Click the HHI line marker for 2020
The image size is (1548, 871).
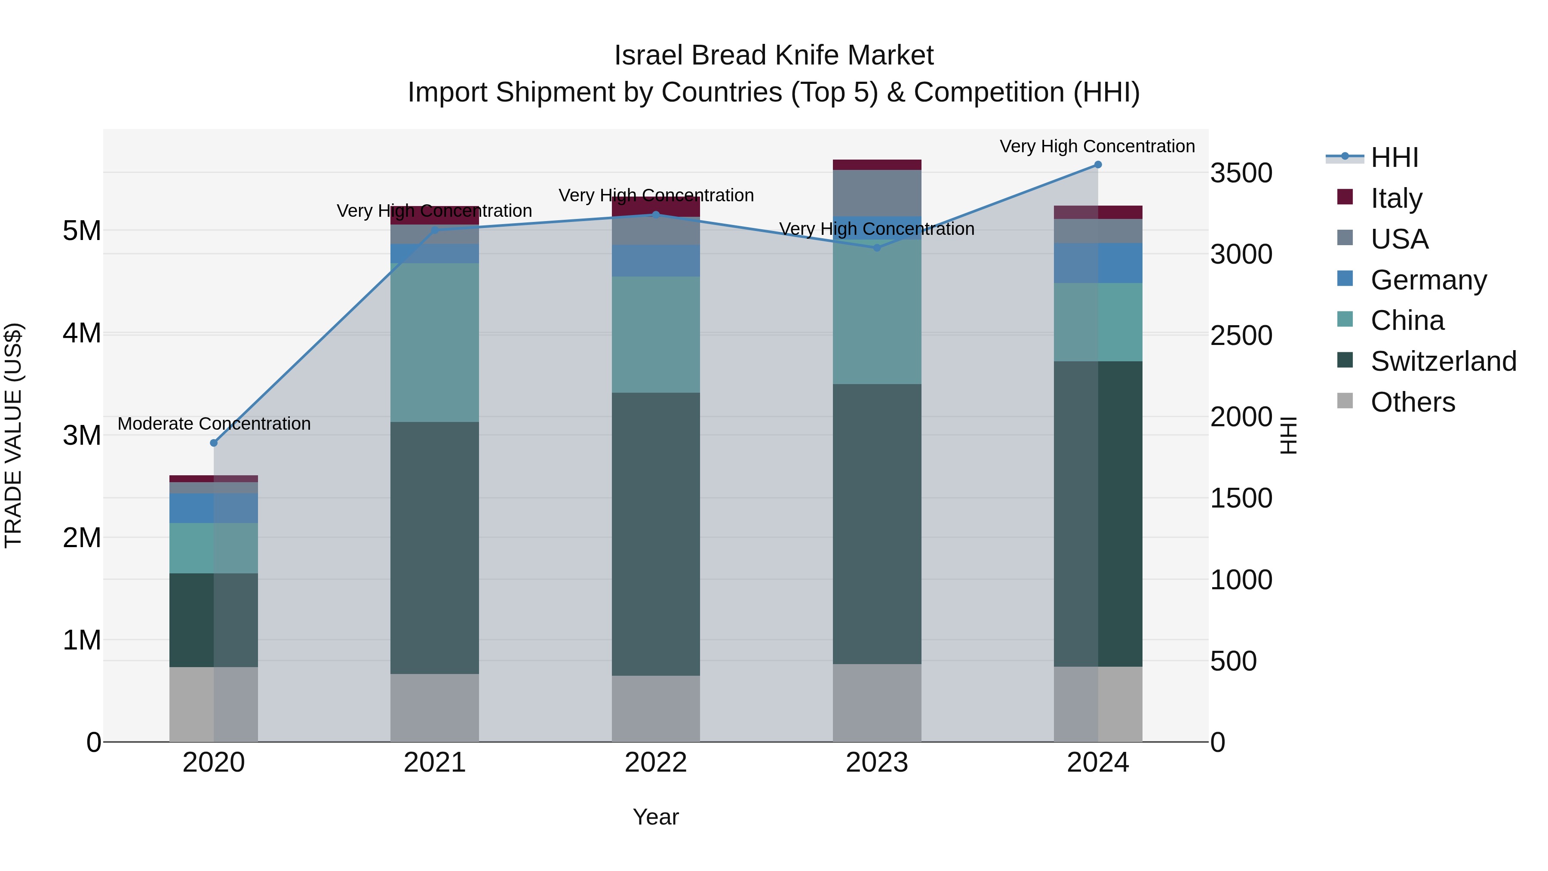click(x=214, y=443)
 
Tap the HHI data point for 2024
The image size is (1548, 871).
click(x=1098, y=165)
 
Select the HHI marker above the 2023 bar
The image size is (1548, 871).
click(x=877, y=248)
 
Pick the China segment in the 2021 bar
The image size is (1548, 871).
click(x=434, y=343)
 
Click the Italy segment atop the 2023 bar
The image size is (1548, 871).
click(x=877, y=165)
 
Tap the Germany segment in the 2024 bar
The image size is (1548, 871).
click(x=1098, y=263)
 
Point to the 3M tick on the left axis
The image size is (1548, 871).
click(x=82, y=435)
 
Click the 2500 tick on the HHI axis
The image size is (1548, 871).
click(x=1241, y=335)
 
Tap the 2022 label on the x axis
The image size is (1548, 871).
click(x=656, y=763)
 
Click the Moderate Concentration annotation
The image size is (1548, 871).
click(x=214, y=424)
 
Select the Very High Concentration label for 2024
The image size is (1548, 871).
click(x=1097, y=146)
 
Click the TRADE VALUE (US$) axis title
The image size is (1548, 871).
click(x=13, y=435)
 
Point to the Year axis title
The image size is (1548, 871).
click(x=656, y=817)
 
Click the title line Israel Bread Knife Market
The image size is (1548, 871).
click(x=774, y=55)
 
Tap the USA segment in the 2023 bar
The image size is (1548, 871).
click(x=877, y=193)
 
